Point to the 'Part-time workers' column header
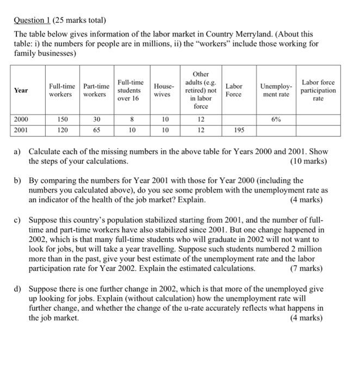pos(96,90)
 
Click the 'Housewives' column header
pos(165,90)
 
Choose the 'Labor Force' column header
pos(234,90)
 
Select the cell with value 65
pos(96,130)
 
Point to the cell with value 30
pos(96,119)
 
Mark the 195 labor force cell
pos(234,130)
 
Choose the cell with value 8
pos(130,119)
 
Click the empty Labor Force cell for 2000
pos(234,119)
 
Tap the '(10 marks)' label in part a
pos(307,162)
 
